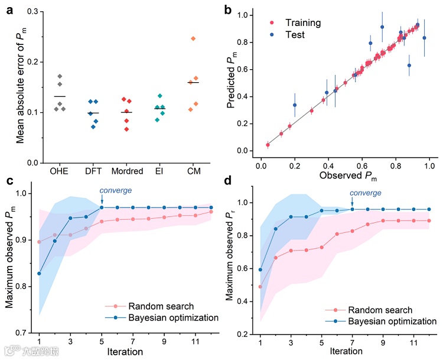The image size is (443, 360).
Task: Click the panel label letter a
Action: tap(10, 10)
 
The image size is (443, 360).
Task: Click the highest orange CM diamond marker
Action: tap(193, 38)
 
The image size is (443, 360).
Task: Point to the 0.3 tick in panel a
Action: tap(32, 12)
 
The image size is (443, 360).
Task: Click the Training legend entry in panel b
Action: tap(298, 23)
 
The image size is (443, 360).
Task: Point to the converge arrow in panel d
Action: tap(352, 203)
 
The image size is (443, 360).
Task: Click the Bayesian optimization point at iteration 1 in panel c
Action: tap(39, 274)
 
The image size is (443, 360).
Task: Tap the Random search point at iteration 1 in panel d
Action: tap(260, 287)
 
